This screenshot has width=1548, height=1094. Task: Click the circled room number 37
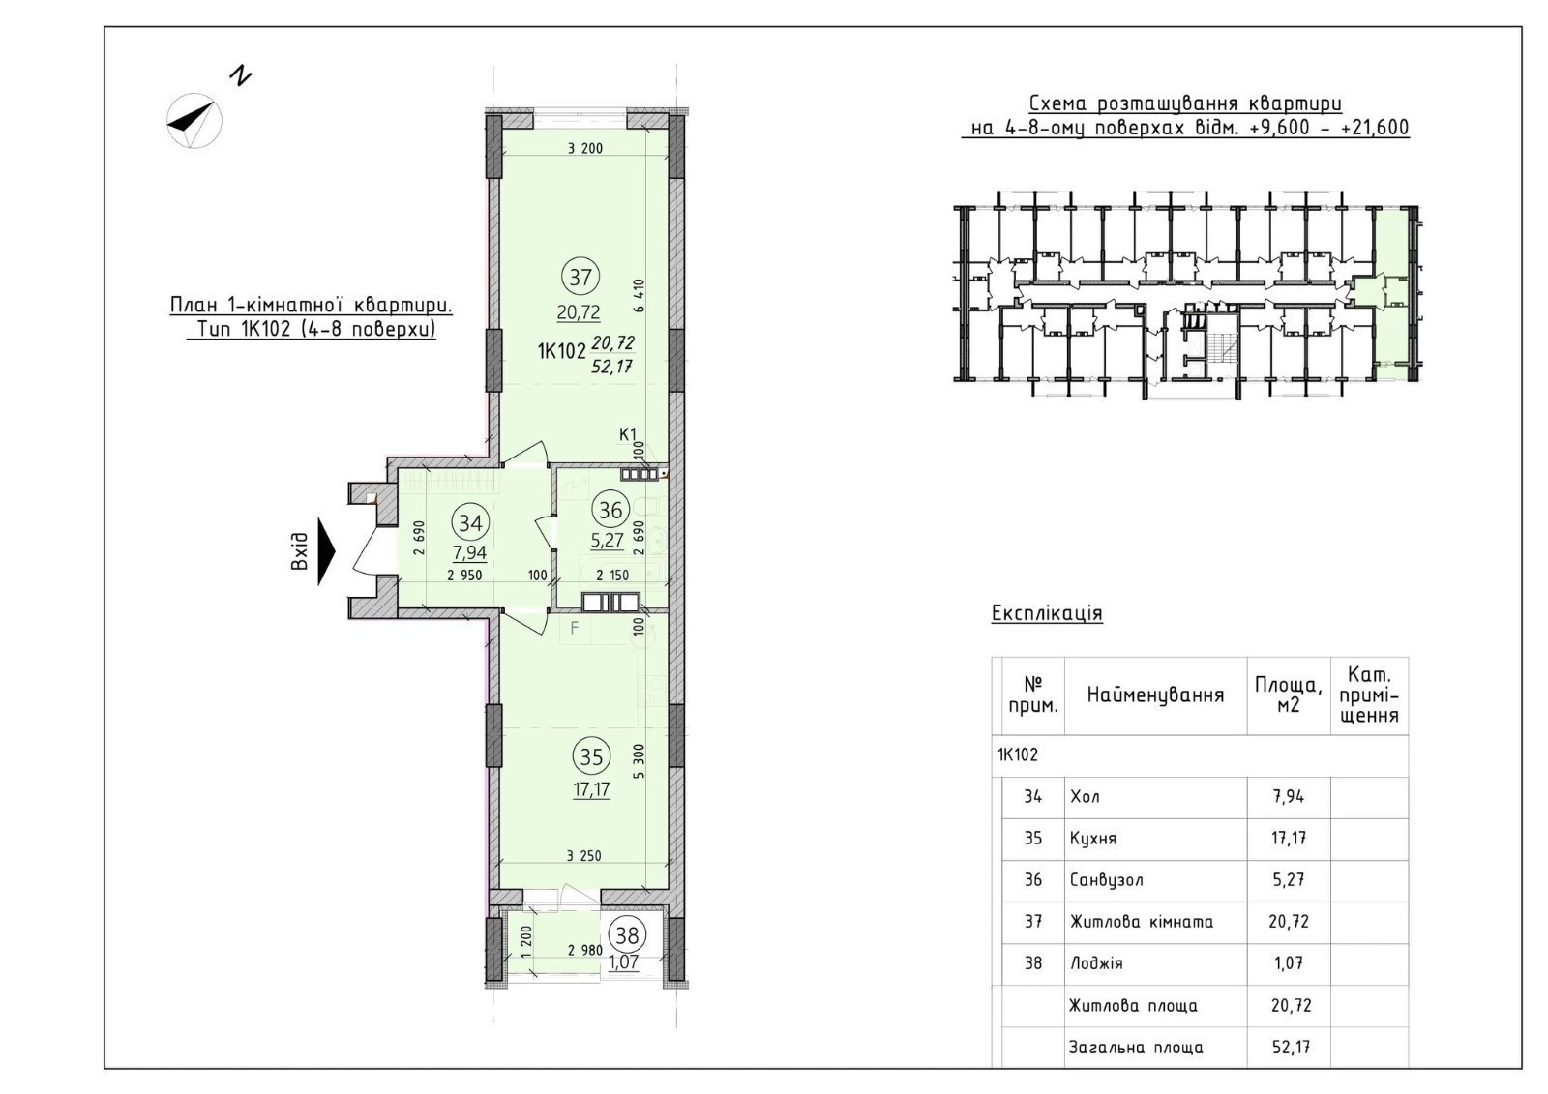tap(580, 278)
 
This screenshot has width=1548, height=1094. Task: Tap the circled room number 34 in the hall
tap(470, 523)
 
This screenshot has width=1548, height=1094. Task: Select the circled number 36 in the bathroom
tap(610, 511)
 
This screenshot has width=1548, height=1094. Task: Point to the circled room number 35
tap(591, 757)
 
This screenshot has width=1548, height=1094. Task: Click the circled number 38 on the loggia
tap(628, 935)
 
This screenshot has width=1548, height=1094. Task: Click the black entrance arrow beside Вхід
tap(326, 551)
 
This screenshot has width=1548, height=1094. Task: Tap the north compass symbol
tap(194, 120)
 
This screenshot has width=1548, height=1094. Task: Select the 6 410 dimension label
tap(639, 296)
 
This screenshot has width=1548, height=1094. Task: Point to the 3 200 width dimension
tap(584, 148)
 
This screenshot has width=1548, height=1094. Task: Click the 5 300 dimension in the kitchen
tap(639, 761)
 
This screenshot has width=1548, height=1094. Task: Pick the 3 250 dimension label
tap(584, 856)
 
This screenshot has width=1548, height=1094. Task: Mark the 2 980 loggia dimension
tap(584, 950)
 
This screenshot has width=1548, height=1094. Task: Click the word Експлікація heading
tap(1047, 613)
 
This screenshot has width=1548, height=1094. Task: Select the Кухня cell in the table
tap(1093, 839)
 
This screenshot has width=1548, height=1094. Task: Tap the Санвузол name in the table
tap(1107, 880)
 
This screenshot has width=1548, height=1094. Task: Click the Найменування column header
tap(1155, 695)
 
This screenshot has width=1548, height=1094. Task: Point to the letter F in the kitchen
tap(574, 628)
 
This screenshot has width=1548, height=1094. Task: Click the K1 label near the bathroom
tap(628, 434)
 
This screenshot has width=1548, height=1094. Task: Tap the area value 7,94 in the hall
tap(470, 553)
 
